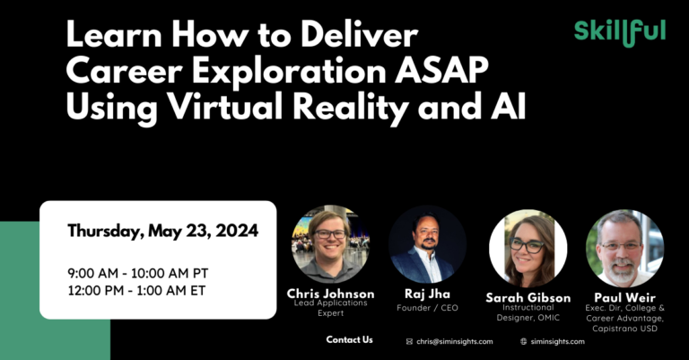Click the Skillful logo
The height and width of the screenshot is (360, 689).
(620, 32)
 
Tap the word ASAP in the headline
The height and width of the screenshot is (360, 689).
(441, 69)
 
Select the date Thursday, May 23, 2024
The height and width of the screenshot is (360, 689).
(162, 231)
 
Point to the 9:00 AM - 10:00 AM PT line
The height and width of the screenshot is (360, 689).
(138, 273)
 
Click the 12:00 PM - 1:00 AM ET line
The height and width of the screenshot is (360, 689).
(136, 291)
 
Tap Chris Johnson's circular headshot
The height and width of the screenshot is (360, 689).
(330, 244)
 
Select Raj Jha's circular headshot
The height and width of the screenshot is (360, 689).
(427, 244)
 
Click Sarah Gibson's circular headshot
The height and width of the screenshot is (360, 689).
(528, 249)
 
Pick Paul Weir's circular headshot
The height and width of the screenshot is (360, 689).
(624, 249)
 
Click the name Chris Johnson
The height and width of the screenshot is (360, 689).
(330, 294)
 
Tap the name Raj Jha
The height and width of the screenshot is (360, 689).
(427, 294)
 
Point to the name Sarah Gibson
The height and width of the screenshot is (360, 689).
(528, 297)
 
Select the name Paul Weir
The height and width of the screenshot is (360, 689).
(624, 297)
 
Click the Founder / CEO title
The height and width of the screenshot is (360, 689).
(427, 308)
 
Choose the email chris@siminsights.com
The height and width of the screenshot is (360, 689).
(455, 341)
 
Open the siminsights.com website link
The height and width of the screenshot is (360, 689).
(558, 341)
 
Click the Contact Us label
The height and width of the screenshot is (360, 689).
(349, 339)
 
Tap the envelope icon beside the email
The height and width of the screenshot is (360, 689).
(409, 341)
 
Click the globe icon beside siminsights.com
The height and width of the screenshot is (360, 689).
(523, 341)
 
